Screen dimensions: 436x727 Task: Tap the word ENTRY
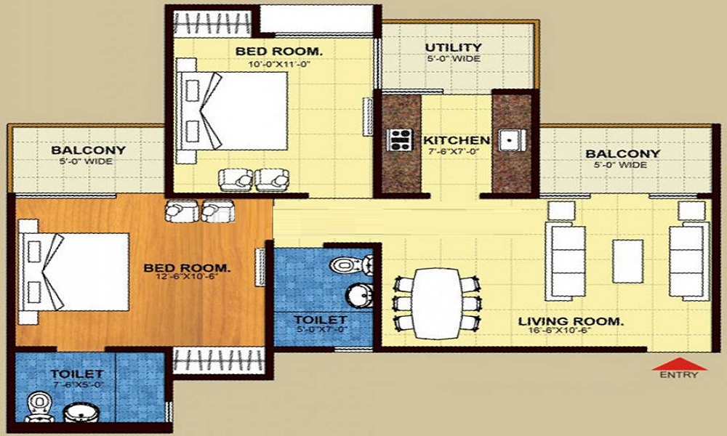(x=679, y=375)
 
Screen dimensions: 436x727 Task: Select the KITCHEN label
(x=456, y=140)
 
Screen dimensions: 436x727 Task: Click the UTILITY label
(x=453, y=48)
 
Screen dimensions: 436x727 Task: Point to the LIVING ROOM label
(x=570, y=320)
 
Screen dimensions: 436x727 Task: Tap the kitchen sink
(x=510, y=139)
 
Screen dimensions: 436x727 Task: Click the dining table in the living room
(x=437, y=302)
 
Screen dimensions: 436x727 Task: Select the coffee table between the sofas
(x=627, y=261)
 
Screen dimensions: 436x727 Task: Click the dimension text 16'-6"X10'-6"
(x=570, y=331)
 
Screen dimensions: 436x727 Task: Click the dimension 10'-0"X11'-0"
(x=278, y=62)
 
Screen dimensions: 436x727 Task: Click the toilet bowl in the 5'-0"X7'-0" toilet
(x=344, y=265)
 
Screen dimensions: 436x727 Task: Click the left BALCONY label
(x=88, y=150)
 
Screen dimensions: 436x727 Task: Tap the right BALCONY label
(x=623, y=153)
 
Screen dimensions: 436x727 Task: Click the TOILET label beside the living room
(x=320, y=319)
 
